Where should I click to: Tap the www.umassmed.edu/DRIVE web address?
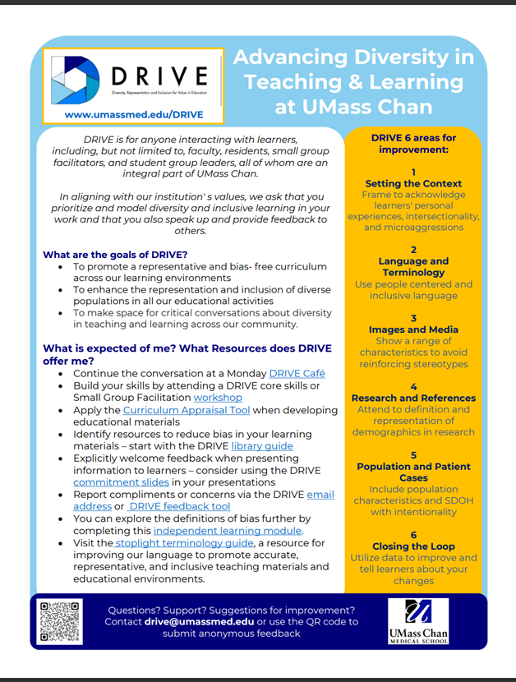tap(133, 114)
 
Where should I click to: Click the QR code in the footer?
tap(60, 622)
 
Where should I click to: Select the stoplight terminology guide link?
tap(181, 542)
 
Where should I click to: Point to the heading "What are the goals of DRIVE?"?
tap(115, 255)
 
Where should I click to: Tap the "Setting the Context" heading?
tap(413, 183)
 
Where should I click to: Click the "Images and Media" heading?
tap(413, 329)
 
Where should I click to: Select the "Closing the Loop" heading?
tap(413, 546)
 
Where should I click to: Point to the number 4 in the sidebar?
tap(413, 386)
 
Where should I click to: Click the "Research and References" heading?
tap(413, 398)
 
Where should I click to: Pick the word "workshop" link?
tap(218, 398)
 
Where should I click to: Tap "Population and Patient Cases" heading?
tap(413, 472)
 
